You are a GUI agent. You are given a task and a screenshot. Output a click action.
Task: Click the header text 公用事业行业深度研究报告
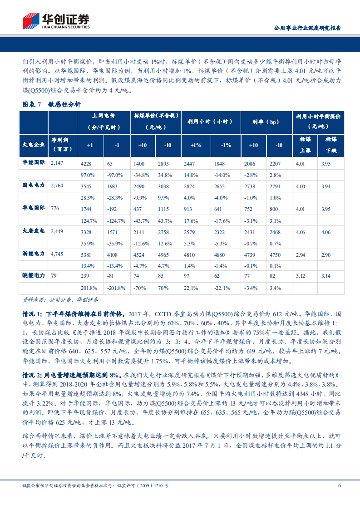(308, 28)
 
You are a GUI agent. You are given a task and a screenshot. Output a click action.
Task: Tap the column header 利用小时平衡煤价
(318, 116)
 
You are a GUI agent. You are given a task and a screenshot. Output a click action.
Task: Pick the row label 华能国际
(34, 162)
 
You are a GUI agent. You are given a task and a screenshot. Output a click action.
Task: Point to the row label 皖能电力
(34, 275)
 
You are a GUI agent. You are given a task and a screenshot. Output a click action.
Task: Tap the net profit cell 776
(55, 207)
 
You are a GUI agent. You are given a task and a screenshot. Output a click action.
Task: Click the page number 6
(339, 486)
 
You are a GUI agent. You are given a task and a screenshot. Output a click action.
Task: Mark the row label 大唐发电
(34, 230)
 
